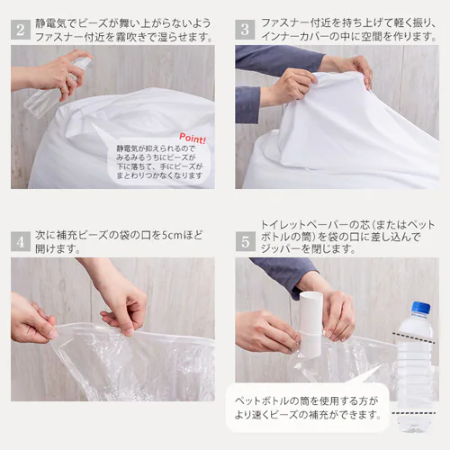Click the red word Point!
pyautogui.click(x=192, y=139)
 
